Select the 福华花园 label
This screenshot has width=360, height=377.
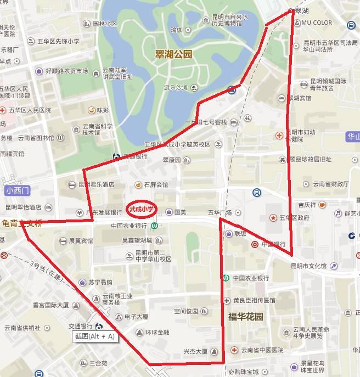(x=246, y=316)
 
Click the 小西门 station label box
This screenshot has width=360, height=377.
(x=18, y=191)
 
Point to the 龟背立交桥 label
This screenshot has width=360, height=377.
(x=22, y=223)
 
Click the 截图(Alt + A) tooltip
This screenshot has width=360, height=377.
(x=95, y=336)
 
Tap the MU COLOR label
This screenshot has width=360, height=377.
(x=317, y=23)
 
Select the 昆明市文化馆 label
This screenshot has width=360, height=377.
(x=308, y=266)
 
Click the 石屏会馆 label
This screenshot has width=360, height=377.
(x=156, y=185)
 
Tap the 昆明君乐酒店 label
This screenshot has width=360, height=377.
(x=96, y=184)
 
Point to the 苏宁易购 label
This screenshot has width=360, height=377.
(x=99, y=282)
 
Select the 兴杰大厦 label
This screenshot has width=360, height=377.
(x=195, y=351)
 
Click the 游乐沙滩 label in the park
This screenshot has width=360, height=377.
(x=176, y=87)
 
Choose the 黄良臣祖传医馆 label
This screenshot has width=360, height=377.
(x=254, y=301)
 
